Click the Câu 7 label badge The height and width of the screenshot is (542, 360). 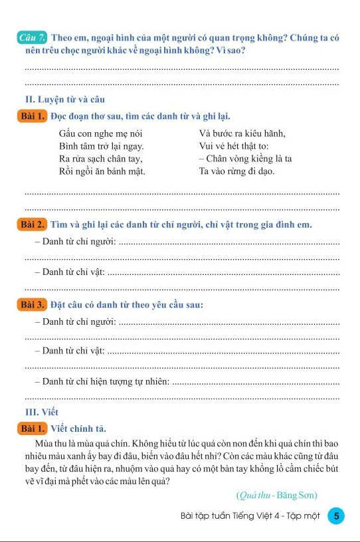tap(33, 38)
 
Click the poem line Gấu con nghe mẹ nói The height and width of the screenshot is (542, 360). tap(100, 133)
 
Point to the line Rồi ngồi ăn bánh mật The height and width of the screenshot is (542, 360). tap(102, 171)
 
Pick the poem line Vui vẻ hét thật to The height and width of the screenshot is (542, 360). tap(233, 145)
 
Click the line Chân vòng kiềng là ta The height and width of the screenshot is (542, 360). tap(245, 158)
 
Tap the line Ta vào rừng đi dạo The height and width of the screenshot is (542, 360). tap(236, 171)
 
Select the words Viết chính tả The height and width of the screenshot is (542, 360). tap(78, 428)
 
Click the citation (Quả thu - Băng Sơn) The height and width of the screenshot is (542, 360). tap(276, 495)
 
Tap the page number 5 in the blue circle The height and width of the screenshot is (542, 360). tap(337, 516)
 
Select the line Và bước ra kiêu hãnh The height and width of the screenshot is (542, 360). tap(242, 133)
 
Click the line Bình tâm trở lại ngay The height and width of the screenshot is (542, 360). tap(102, 145)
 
